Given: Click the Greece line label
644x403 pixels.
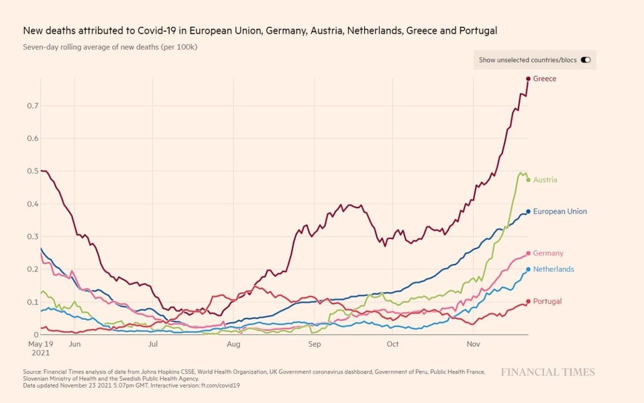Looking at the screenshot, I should (x=544, y=79).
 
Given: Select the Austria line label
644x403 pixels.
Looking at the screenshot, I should (x=545, y=180).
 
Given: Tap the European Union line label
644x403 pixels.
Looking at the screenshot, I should (x=559, y=212).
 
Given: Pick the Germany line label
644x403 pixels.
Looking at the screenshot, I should (x=548, y=253).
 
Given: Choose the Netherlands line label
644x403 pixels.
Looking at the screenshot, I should (x=553, y=269).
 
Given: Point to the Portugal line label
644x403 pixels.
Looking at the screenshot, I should (x=547, y=302).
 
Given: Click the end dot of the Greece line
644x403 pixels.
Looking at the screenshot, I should (x=528, y=79).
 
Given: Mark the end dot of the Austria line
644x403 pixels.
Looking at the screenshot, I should (x=528, y=180).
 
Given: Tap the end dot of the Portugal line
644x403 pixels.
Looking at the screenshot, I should (x=528, y=302).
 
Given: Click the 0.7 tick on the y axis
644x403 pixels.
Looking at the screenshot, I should (x=33, y=106).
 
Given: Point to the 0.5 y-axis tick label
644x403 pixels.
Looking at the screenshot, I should (x=33, y=171).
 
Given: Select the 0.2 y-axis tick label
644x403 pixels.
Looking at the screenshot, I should (x=33, y=269).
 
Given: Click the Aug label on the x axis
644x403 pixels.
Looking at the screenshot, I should (x=233, y=344).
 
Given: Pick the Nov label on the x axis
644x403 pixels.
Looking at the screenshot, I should (x=474, y=344).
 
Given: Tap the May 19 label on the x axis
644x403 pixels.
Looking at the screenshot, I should (x=40, y=344).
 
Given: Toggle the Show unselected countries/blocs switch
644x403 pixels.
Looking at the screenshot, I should (x=586, y=60).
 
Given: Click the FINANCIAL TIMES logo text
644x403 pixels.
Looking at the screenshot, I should (x=547, y=372).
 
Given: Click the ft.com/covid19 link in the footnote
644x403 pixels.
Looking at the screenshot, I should (x=221, y=386).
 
